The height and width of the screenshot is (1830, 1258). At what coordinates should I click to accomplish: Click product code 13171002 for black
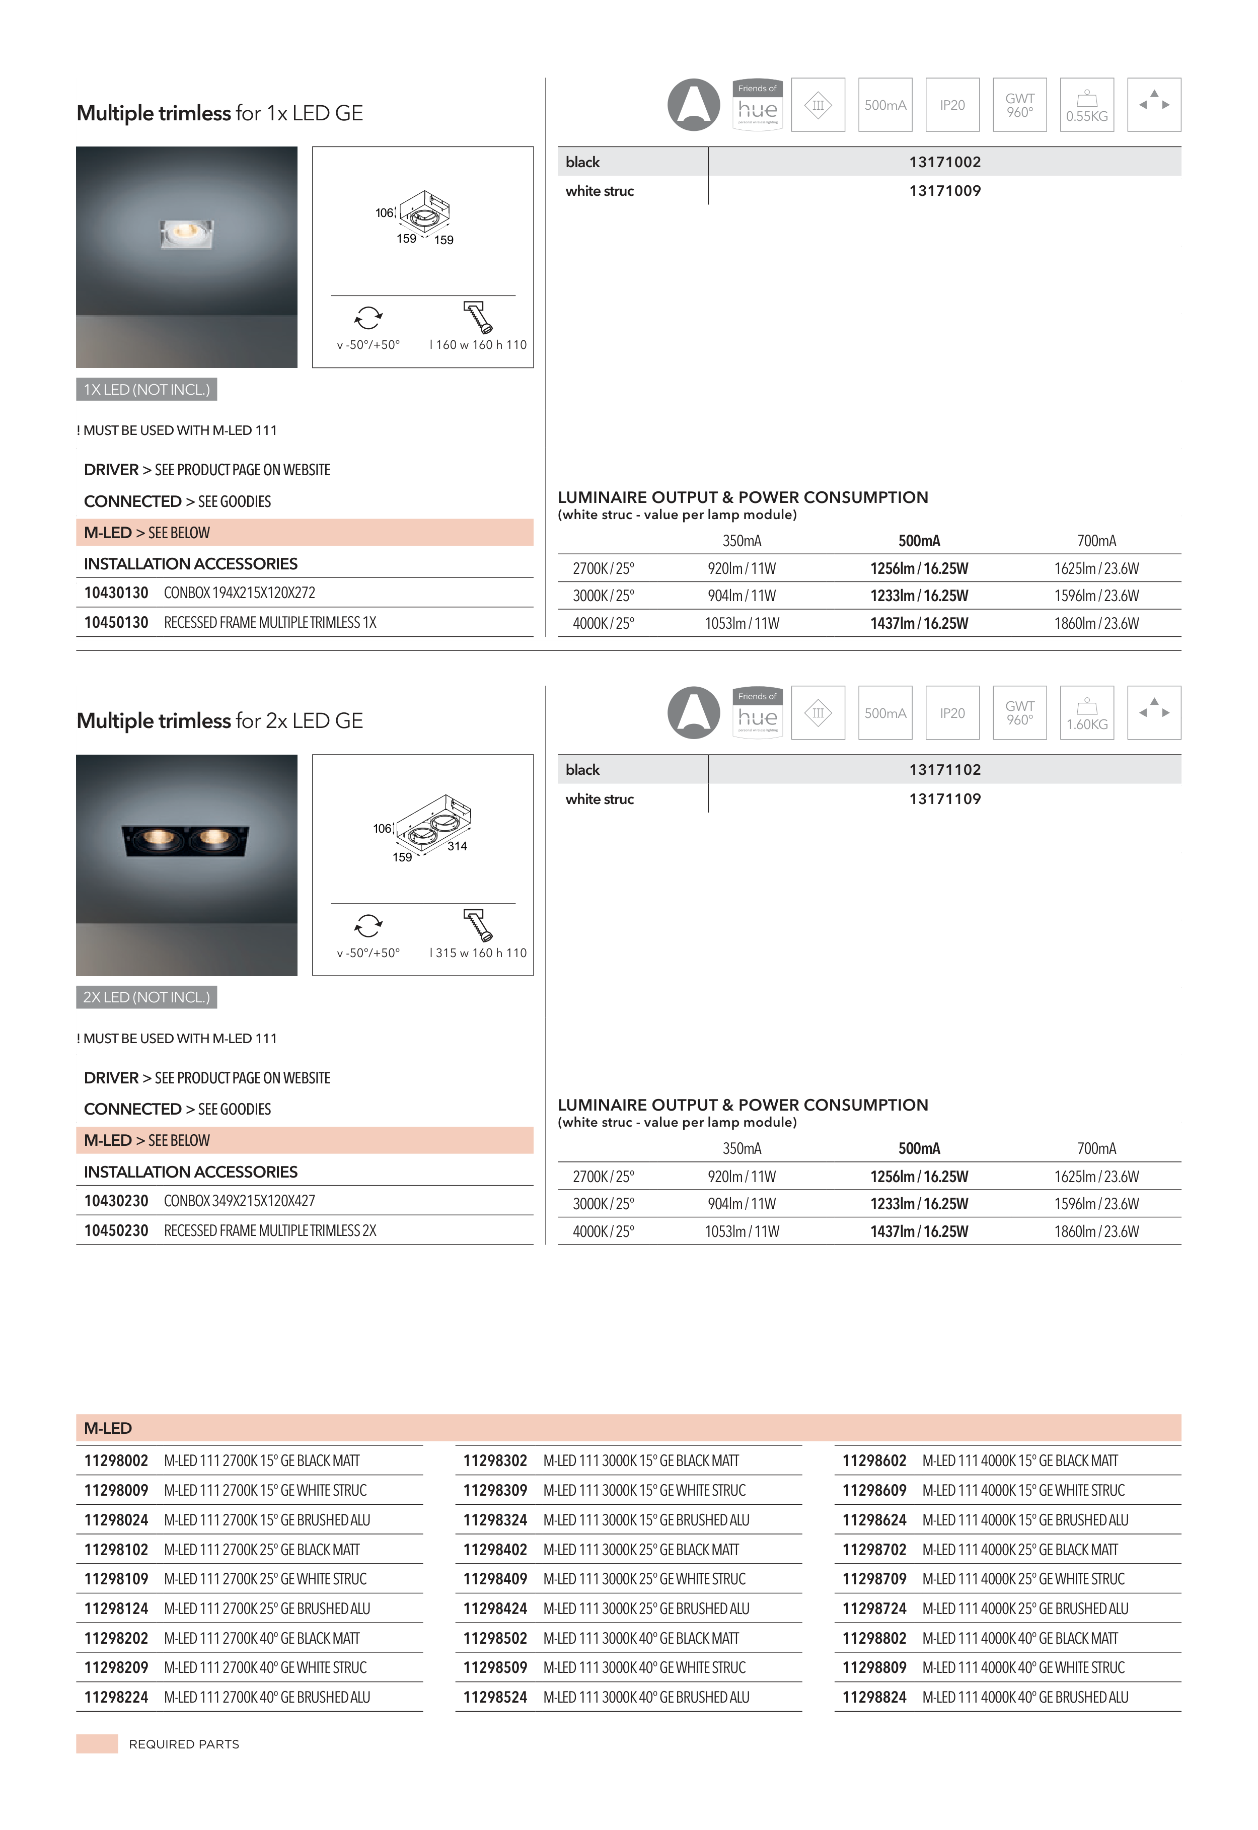click(944, 162)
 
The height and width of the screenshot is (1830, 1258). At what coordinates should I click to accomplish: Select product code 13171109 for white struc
click(944, 798)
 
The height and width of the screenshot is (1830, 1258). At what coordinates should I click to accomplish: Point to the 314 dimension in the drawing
click(457, 846)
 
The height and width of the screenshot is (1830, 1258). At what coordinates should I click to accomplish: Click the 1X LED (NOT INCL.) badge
click(146, 389)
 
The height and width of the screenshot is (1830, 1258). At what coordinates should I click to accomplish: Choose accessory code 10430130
click(116, 593)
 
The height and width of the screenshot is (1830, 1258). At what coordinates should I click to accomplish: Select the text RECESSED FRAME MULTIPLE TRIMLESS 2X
click(270, 1230)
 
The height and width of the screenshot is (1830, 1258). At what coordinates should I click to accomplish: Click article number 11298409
click(495, 1579)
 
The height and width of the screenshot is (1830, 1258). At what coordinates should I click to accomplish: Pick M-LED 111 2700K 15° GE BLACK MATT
click(262, 1460)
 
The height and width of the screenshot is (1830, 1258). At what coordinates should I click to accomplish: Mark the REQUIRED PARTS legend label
click(184, 1744)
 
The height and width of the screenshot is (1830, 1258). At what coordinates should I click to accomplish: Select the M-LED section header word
click(108, 1428)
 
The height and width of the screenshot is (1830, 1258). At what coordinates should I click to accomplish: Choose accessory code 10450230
click(116, 1230)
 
